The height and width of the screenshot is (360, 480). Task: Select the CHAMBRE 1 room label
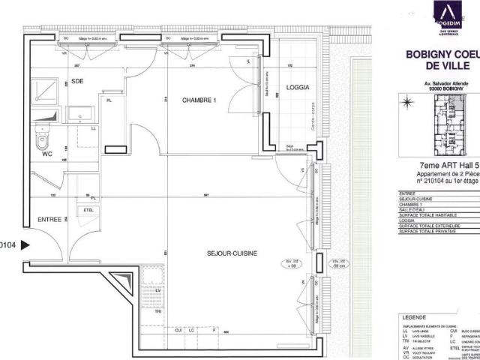(x=199, y=100)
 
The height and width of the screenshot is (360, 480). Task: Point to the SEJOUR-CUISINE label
(x=232, y=253)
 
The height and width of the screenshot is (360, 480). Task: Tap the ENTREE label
(x=49, y=220)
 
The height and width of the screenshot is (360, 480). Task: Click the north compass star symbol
(x=407, y=102)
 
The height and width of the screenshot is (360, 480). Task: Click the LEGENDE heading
(x=418, y=317)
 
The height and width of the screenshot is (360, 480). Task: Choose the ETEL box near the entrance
(x=88, y=210)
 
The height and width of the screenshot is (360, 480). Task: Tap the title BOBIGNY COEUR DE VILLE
(x=442, y=59)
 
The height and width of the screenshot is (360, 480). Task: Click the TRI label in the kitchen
(x=158, y=310)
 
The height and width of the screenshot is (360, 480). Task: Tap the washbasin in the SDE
(x=80, y=114)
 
